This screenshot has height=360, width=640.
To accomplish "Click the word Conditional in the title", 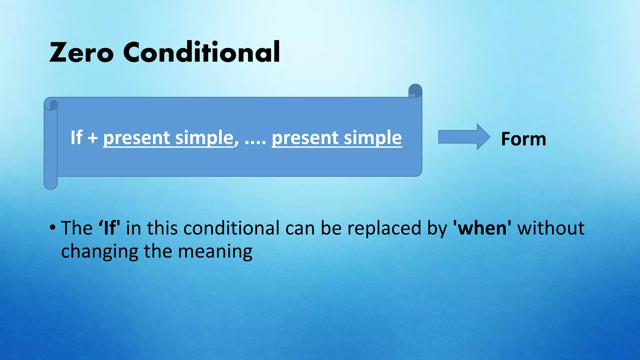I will pos(202,52).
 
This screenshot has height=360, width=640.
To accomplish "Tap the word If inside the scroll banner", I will pos(76,137).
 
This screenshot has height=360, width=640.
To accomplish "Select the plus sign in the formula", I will pos(92,138).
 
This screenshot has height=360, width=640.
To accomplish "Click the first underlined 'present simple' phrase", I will pos(168,138).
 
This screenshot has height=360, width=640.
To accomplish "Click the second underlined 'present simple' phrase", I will pos(337,138).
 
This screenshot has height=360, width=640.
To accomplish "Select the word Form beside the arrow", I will pos(523,139).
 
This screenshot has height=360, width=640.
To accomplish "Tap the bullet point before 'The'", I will pos(52,227).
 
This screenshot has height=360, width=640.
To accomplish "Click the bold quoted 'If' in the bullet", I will pos(109,228).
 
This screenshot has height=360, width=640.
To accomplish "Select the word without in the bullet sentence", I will pos(551,228).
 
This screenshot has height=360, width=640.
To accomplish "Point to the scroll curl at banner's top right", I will pos(415,90).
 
